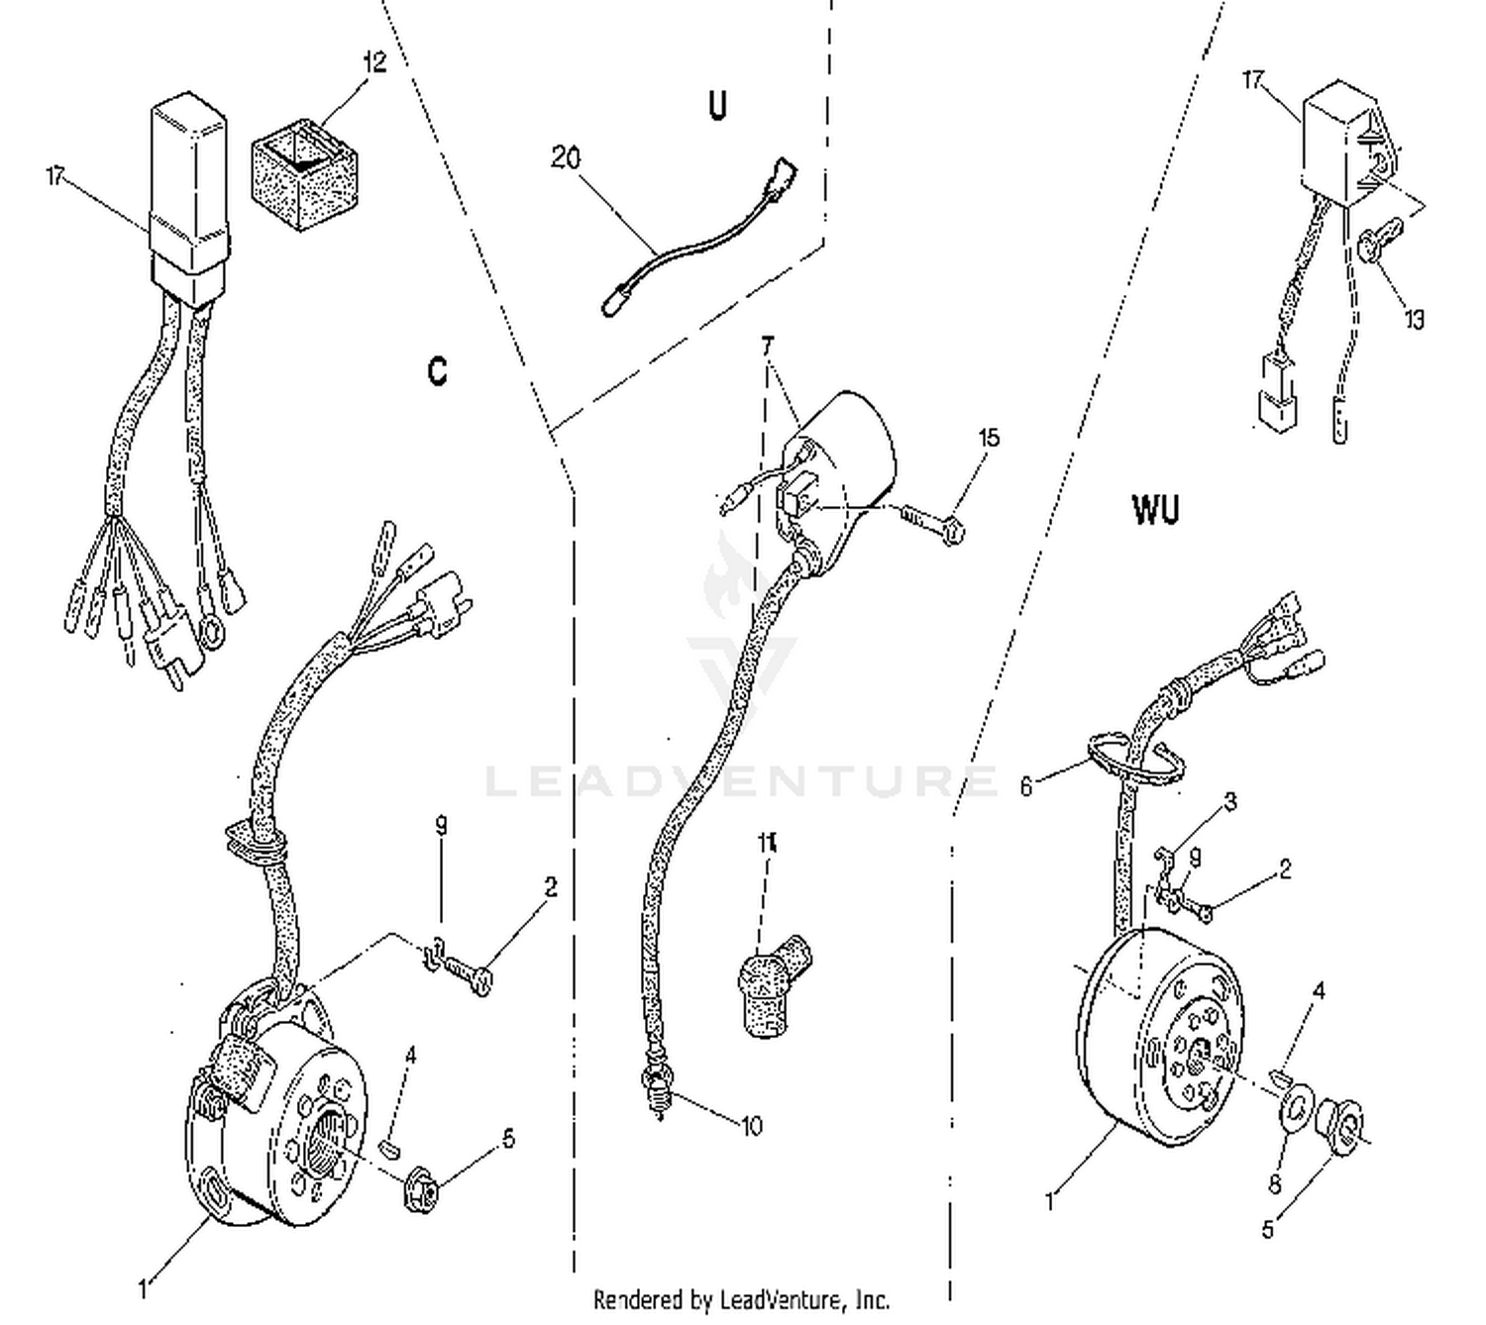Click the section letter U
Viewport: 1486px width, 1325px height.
click(717, 105)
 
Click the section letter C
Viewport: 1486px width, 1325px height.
click(437, 370)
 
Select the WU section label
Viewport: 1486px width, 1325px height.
click(1155, 510)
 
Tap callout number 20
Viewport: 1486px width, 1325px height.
click(566, 157)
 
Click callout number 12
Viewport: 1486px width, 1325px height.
click(373, 61)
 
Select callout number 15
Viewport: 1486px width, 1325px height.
click(989, 438)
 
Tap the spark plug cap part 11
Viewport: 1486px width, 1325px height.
click(774, 985)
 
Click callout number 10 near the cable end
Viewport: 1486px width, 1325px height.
click(752, 1126)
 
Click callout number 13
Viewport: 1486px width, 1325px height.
click(1414, 319)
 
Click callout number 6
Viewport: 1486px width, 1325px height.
click(1026, 786)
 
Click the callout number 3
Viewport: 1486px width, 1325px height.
click(1230, 801)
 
